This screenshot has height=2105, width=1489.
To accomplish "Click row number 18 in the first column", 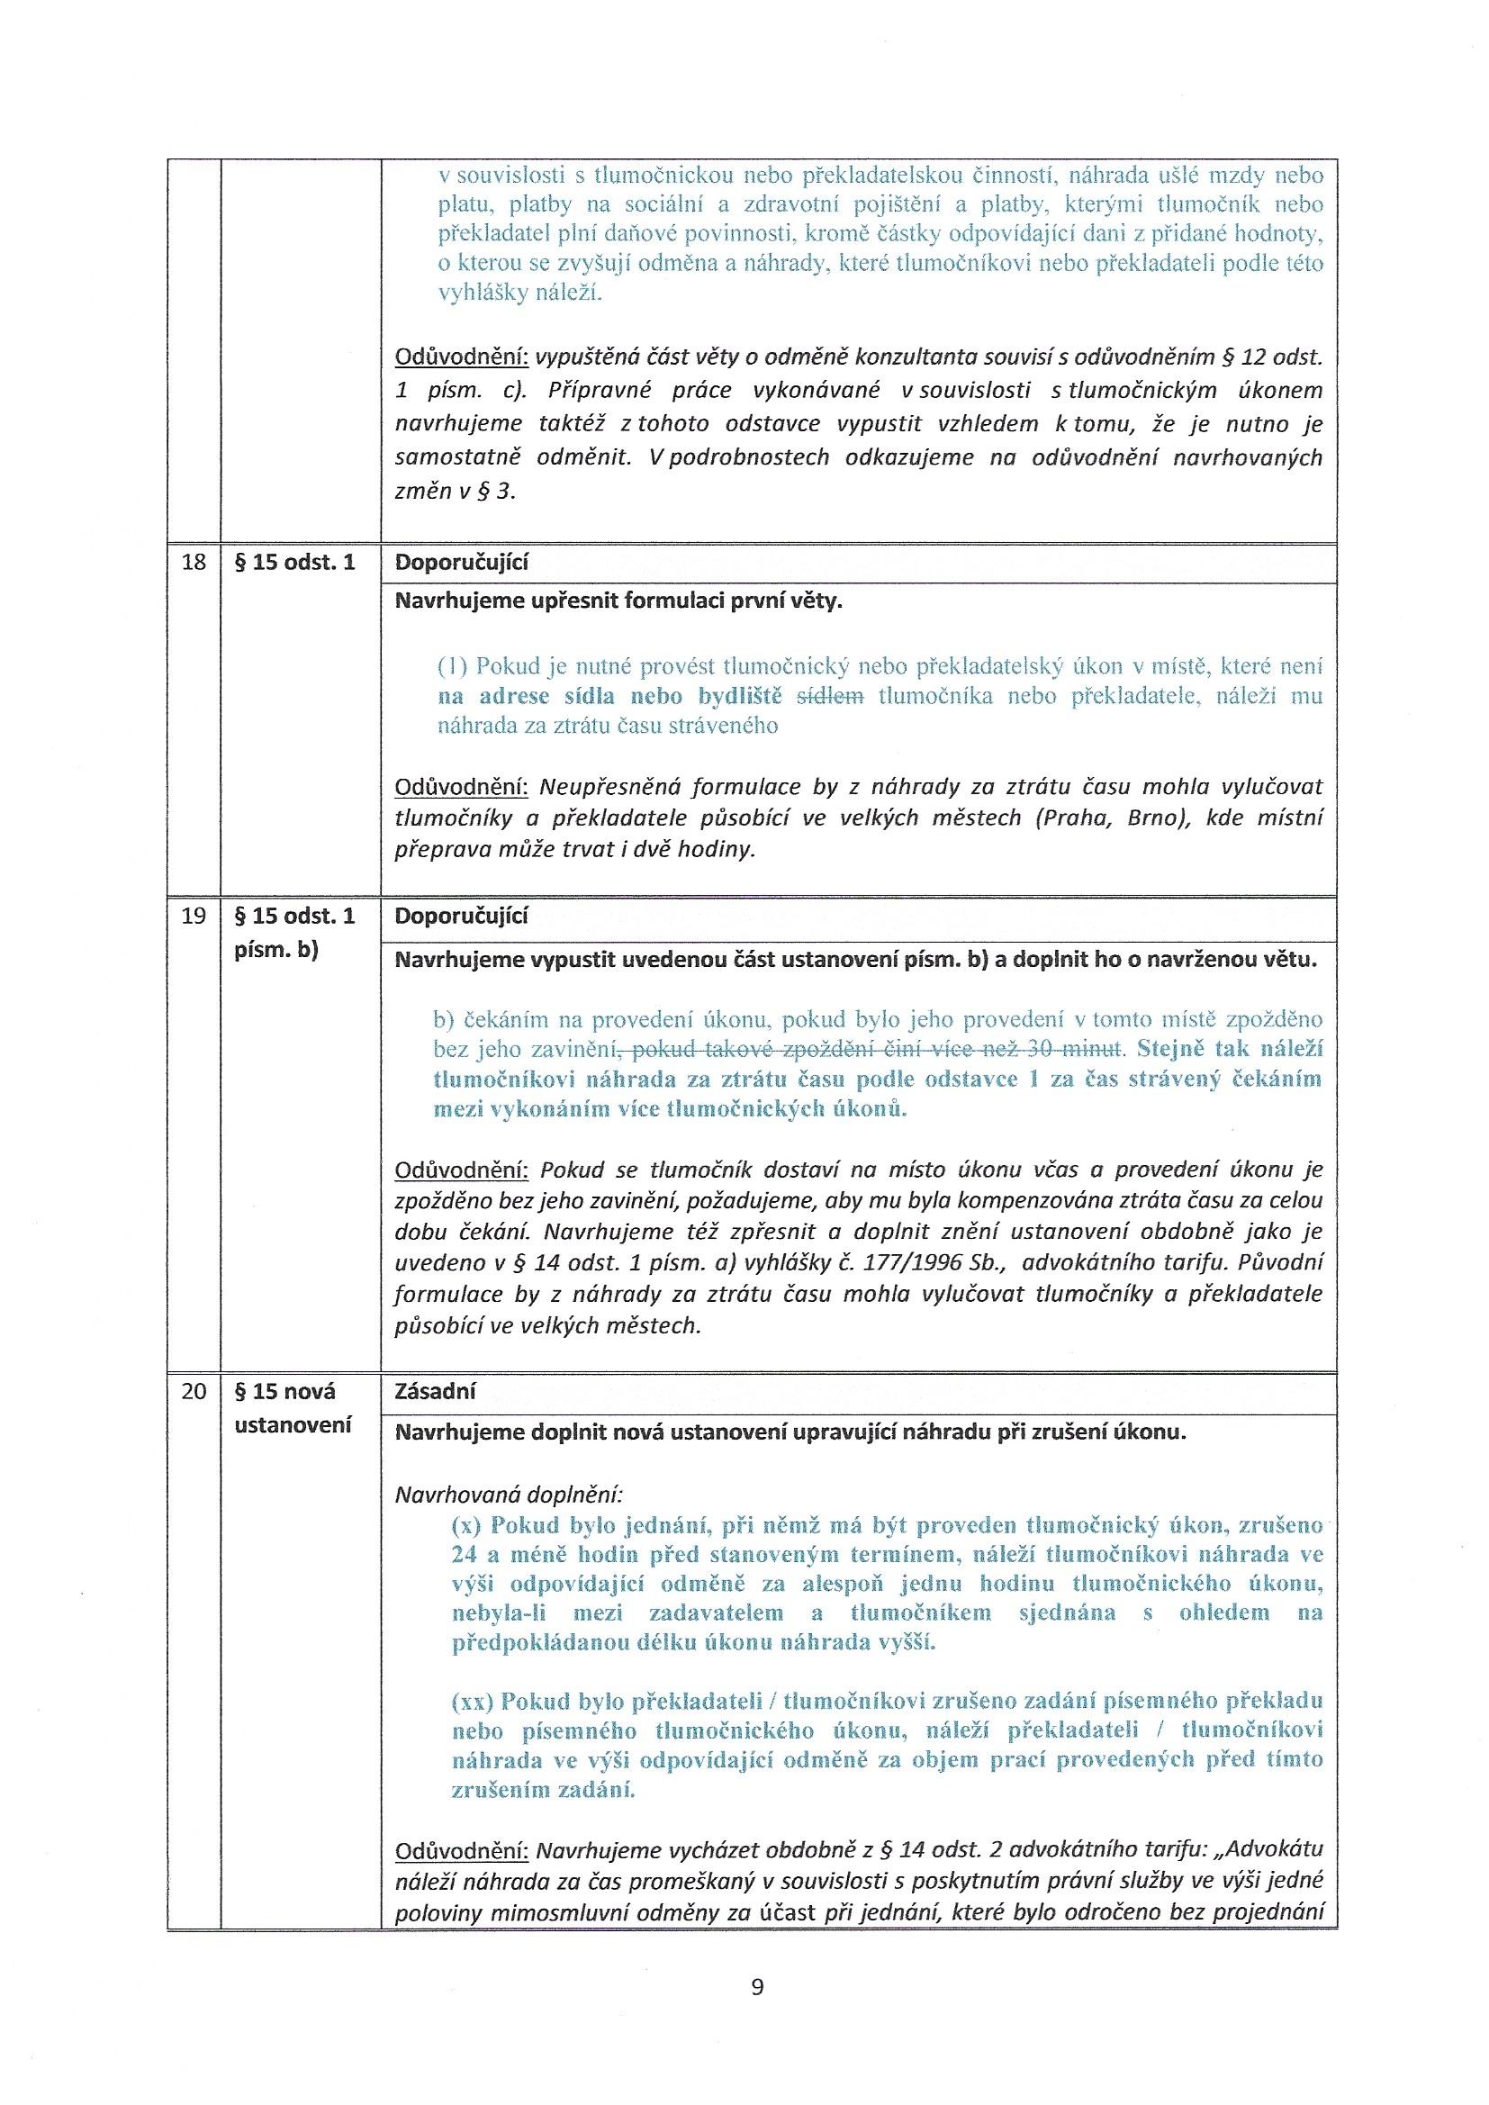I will pos(194,563).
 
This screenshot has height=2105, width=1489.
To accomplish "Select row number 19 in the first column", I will pos(194,916).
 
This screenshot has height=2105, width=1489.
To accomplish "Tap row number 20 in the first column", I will pos(194,1391).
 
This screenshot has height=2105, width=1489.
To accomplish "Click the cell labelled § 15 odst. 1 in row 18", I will pos(295,563).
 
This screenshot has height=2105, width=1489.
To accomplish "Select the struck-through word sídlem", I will pos(830,696).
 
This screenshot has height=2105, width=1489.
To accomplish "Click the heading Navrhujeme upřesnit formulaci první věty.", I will pos(618,601).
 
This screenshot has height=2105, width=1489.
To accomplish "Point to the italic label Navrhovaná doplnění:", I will pos(508,1495).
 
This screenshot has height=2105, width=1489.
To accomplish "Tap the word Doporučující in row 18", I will pos(461,563).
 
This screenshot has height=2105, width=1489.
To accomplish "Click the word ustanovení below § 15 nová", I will pos(293,1425).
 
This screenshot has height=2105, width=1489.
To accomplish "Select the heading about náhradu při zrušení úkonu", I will pos(790,1432).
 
